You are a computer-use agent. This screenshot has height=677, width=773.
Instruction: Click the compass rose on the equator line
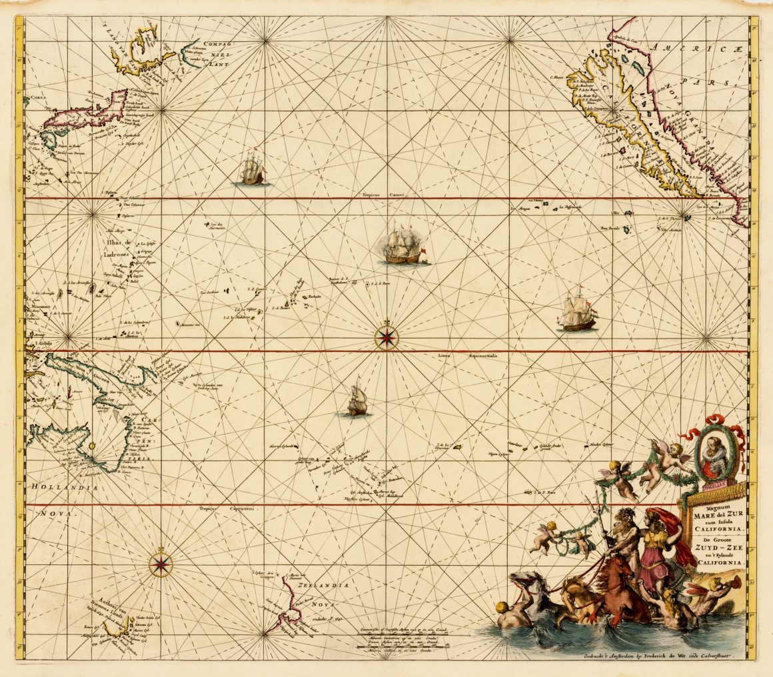pos(386,337)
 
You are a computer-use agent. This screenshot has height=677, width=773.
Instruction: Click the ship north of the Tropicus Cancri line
pos(253,168)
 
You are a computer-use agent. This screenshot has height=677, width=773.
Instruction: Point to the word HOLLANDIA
pos(64,488)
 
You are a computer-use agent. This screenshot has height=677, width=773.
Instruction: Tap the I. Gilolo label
pos(43,344)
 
